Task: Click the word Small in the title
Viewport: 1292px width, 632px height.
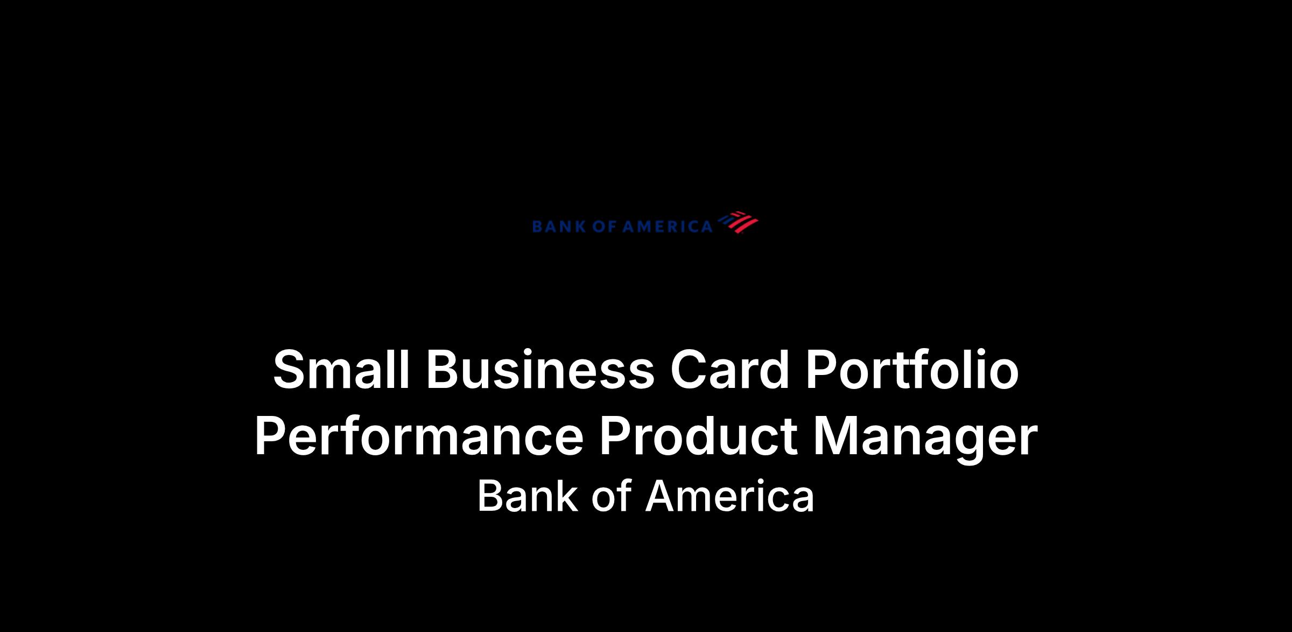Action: coord(341,370)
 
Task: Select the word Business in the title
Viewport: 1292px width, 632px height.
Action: coord(540,370)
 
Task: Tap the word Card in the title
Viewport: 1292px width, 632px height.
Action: coord(729,370)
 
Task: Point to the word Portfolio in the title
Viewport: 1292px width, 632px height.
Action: coord(912,370)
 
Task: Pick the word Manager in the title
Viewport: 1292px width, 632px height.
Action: coord(925,439)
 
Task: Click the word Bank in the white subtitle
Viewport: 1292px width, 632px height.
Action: coord(527,496)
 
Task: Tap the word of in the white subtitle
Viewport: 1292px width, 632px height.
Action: coord(611,496)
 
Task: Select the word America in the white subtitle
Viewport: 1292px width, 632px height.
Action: coord(730,496)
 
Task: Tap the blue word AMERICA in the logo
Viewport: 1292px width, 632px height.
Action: coord(668,227)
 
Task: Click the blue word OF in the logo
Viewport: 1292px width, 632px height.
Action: coord(603,227)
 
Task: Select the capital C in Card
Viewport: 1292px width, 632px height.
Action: coord(689,370)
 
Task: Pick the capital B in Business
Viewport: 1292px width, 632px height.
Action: coord(444,370)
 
